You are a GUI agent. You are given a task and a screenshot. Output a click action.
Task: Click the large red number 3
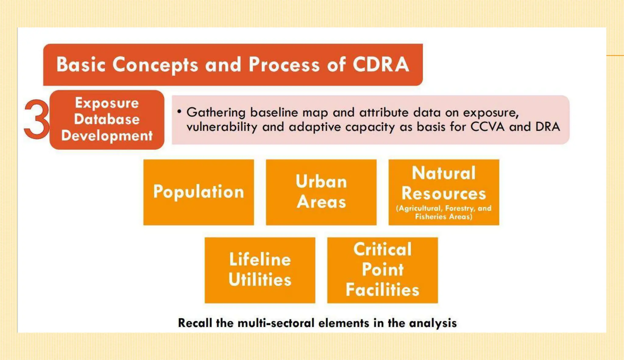[x=36, y=119]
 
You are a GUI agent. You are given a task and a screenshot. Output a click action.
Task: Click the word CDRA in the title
[x=381, y=65]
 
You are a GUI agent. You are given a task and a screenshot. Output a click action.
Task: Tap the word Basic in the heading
[x=81, y=65]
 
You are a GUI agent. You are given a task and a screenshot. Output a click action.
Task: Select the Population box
[x=199, y=192]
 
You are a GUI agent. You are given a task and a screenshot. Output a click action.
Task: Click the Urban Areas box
[x=321, y=192]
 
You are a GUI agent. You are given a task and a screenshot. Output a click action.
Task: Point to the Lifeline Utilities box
[x=260, y=270]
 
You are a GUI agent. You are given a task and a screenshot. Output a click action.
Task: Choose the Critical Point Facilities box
[x=382, y=270]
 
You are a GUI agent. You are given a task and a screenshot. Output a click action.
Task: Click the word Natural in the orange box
[x=444, y=173]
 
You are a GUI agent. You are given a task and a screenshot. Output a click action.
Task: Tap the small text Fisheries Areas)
[x=444, y=217]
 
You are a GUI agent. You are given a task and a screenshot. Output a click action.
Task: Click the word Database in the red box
[x=107, y=119]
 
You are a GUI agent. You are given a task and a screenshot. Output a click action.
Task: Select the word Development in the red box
[x=107, y=136]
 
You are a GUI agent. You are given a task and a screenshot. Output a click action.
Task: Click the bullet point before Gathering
[x=179, y=112]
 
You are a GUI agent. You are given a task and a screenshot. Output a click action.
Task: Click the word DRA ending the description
[x=548, y=127]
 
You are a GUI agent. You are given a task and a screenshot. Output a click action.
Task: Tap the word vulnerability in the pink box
[x=222, y=127]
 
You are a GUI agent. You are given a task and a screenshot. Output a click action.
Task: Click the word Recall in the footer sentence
[x=195, y=323]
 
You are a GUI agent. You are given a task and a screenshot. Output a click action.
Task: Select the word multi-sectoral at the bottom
[x=276, y=323]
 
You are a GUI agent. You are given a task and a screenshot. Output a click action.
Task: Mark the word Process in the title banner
[x=284, y=65]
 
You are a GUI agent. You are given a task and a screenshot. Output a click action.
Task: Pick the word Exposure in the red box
[x=107, y=103]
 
